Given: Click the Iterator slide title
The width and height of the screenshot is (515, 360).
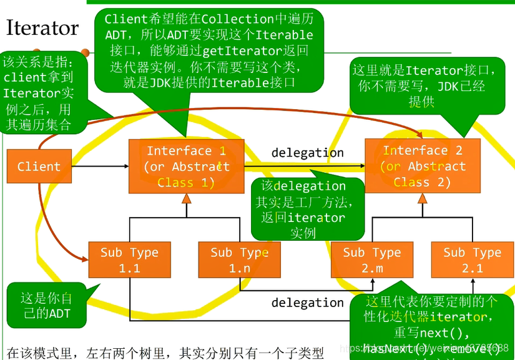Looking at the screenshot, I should tap(42, 28).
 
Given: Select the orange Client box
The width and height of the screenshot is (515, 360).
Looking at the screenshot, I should tap(39, 167).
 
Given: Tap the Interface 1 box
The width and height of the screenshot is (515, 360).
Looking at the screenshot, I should tap(187, 167).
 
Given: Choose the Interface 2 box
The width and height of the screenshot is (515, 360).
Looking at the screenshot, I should tap(423, 166).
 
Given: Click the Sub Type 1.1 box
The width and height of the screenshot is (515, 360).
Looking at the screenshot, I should tap(129, 260).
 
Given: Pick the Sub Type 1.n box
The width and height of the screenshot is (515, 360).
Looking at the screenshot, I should tap(239, 260).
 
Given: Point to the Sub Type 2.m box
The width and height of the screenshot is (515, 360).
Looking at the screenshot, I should tap(371, 260).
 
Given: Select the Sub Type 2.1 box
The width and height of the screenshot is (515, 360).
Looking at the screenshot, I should tap(472, 260).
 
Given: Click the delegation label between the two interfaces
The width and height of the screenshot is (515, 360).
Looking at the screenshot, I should tap(307, 152).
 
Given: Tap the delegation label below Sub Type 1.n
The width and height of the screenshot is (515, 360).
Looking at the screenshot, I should tap(307, 303).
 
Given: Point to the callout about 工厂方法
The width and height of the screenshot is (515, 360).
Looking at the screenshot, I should tap(308, 209).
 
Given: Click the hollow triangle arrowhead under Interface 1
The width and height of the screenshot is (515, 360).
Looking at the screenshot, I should tap(186, 199).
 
